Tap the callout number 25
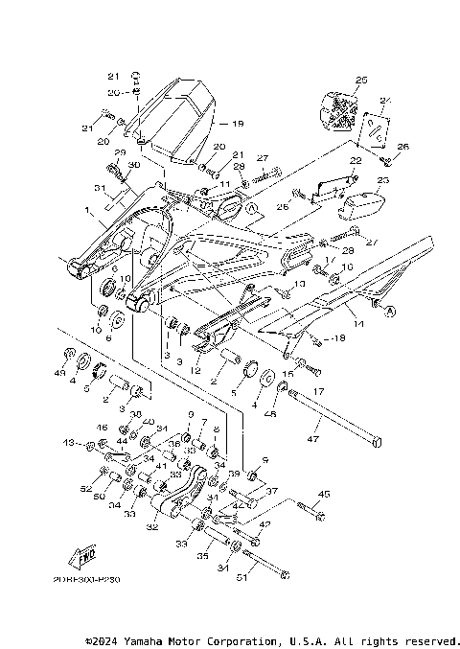click(x=360, y=80)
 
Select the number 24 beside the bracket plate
click(x=386, y=101)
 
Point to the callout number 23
click(x=383, y=179)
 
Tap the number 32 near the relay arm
click(x=150, y=526)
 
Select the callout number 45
click(x=323, y=495)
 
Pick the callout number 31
click(x=100, y=187)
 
